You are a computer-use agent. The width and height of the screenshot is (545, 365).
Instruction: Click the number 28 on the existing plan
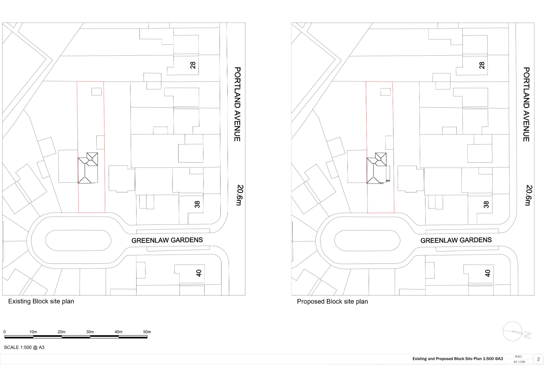pyautogui.click(x=193, y=65)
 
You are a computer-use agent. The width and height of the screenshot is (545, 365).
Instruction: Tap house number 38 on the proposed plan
pyautogui.click(x=486, y=205)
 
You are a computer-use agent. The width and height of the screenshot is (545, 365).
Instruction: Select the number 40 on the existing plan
pyautogui.click(x=199, y=273)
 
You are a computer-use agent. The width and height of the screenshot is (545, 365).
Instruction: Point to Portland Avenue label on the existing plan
pyautogui.click(x=237, y=104)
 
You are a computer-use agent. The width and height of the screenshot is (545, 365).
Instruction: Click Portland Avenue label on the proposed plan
pyautogui.click(x=526, y=104)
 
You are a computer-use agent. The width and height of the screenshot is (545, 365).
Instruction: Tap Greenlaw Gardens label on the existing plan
pyautogui.click(x=167, y=240)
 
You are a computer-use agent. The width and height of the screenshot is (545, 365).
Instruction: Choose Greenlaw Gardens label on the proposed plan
pyautogui.click(x=456, y=240)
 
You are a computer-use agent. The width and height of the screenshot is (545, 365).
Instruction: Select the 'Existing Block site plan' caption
pyautogui.click(x=41, y=301)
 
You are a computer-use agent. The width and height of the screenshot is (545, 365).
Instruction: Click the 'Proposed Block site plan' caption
pyautogui.click(x=332, y=301)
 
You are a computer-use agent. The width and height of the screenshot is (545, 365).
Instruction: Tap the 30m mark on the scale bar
pyautogui.click(x=90, y=332)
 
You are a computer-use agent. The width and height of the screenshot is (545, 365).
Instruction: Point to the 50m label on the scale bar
pyautogui.click(x=147, y=332)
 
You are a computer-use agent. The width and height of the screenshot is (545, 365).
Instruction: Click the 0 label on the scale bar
pyautogui.click(x=5, y=332)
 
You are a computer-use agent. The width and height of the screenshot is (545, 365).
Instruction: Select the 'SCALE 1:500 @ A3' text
pyautogui.click(x=24, y=347)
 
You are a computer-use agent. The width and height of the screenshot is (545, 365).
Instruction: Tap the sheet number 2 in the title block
pyautogui.click(x=538, y=359)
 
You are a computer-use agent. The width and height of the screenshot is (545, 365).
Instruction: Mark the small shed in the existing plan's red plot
pyautogui.click(x=96, y=91)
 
